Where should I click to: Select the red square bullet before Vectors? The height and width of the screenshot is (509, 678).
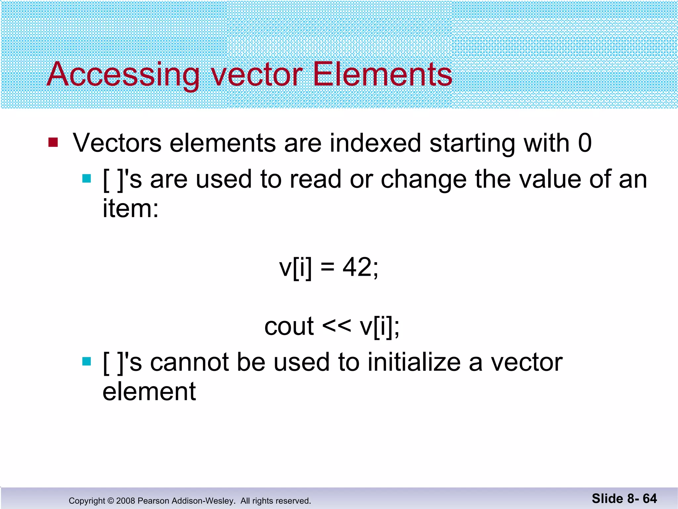pos(53,142)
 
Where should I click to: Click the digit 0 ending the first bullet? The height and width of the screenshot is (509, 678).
pos(585,143)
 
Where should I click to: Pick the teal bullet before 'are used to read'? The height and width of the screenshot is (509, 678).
pos(86,179)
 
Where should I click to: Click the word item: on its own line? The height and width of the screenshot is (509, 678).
pos(130,209)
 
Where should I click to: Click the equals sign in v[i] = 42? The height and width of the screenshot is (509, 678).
pos(327,268)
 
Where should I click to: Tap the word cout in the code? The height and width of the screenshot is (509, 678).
pos(289,326)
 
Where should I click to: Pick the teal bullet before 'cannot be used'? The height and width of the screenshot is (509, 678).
pos(86,362)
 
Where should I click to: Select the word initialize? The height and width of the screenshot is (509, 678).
pos(414,362)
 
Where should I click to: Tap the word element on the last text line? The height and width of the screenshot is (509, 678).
pos(149,392)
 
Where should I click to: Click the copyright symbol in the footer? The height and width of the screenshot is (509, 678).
pos(111,501)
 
